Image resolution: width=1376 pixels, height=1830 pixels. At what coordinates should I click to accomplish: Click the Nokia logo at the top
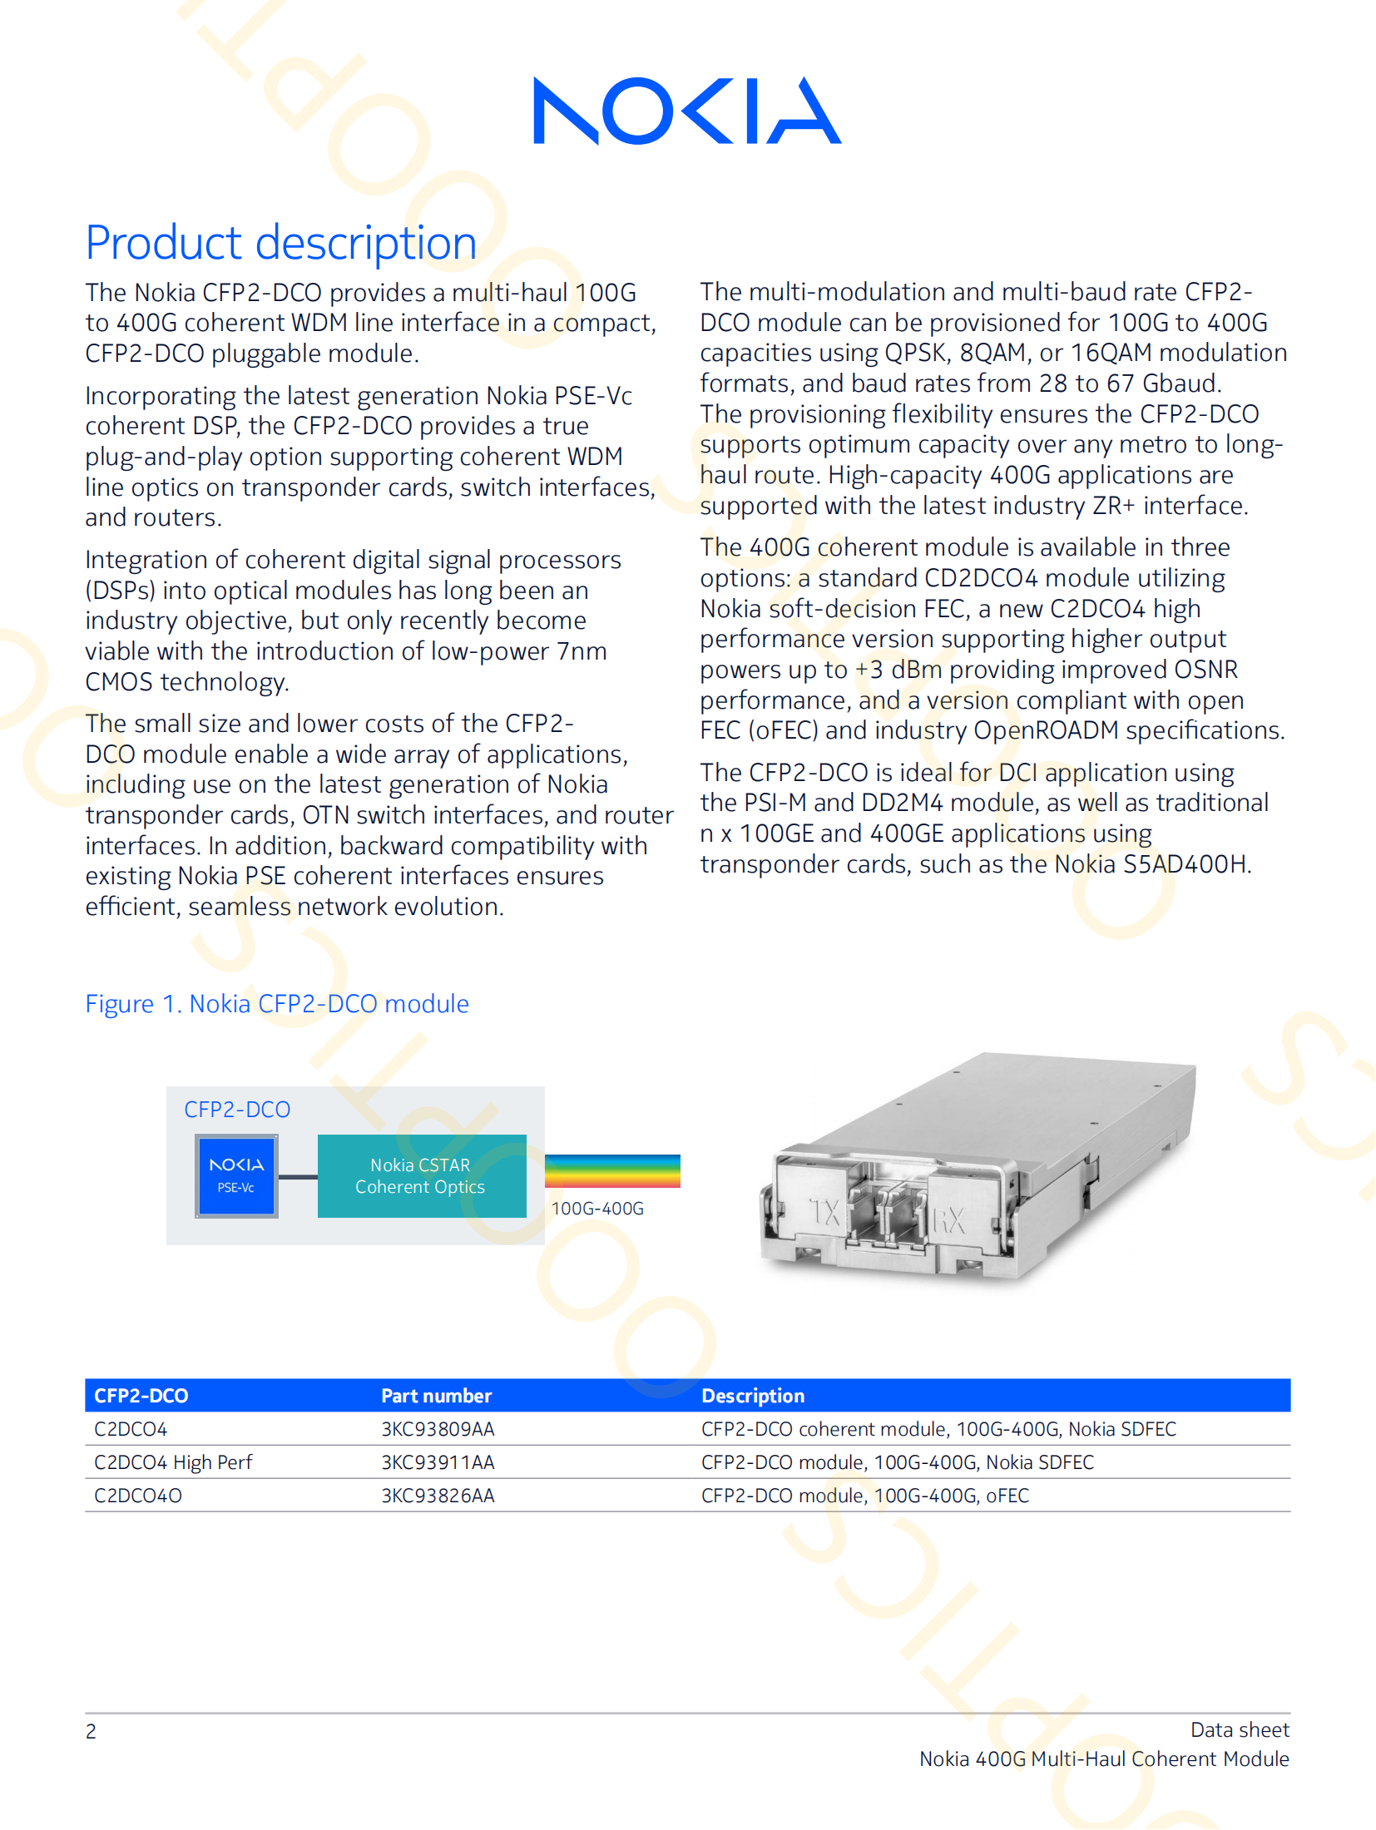click(687, 111)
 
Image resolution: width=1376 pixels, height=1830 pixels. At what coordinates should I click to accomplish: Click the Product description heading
click(281, 243)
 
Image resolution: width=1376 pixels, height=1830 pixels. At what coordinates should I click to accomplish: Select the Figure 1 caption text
click(277, 1004)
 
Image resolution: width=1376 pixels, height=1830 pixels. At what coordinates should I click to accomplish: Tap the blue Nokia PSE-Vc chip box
click(237, 1176)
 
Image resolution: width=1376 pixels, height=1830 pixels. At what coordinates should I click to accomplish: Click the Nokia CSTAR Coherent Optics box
click(421, 1176)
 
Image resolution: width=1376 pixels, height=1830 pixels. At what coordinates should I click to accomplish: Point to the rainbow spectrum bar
click(612, 1170)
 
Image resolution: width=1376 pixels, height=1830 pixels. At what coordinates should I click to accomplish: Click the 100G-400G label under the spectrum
click(597, 1209)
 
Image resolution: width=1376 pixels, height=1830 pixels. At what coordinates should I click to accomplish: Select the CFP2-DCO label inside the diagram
click(237, 1110)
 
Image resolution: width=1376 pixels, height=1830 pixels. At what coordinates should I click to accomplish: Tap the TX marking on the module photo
click(824, 1212)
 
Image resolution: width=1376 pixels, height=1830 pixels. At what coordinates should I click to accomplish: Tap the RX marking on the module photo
click(948, 1220)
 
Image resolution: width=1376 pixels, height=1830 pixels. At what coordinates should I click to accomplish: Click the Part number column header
click(436, 1396)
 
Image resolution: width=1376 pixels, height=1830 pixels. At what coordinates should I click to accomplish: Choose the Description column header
click(753, 1396)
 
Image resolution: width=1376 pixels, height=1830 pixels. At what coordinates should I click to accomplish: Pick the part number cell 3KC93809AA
click(438, 1429)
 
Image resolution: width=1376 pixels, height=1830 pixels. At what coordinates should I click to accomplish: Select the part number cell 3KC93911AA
click(438, 1462)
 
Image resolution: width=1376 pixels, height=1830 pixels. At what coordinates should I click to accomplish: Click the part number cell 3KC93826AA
click(438, 1496)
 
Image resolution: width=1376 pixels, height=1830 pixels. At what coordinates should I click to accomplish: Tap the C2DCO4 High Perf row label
click(173, 1462)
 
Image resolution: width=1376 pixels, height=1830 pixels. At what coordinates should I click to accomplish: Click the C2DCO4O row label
click(138, 1496)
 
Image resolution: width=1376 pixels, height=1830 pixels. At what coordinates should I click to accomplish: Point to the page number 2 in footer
click(91, 1732)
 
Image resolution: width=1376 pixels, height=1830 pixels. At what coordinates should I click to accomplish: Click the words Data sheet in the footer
click(1240, 1730)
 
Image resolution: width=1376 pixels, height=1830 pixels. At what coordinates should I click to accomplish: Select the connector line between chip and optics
click(298, 1177)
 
